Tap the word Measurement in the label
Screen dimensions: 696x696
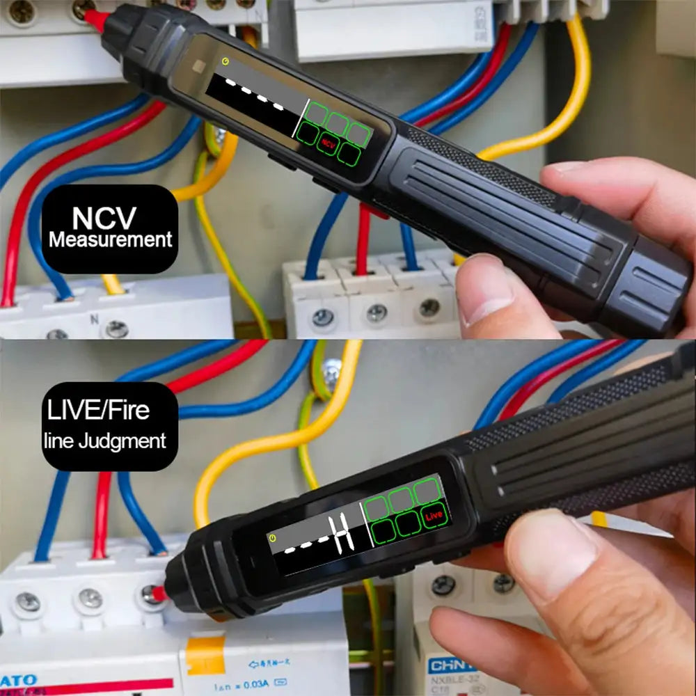[x=110, y=241]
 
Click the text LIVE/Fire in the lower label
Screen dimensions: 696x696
[x=98, y=410]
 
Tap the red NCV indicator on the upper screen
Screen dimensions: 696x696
[x=327, y=144]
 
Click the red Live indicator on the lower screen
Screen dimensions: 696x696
[x=434, y=516]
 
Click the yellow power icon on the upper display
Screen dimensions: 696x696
[x=225, y=61]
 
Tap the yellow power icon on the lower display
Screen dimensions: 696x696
[x=274, y=537]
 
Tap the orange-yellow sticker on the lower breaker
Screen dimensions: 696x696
[x=205, y=655]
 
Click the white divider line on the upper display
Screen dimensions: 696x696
[x=301, y=122]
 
